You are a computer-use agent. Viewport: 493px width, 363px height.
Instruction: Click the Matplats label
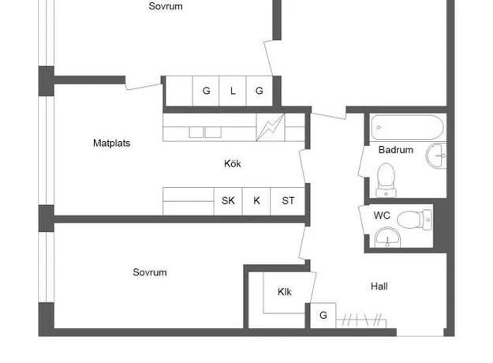112,143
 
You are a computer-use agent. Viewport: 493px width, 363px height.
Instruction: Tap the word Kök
233,163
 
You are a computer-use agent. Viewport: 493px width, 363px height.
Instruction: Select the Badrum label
396,150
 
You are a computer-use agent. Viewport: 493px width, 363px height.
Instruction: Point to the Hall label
379,286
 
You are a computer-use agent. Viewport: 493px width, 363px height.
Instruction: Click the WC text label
382,215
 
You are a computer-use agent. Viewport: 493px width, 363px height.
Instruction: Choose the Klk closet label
285,292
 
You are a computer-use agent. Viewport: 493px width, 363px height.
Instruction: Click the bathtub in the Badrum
408,127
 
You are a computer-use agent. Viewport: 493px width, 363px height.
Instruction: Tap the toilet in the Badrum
386,180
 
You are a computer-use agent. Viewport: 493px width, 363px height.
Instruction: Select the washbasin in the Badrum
436,155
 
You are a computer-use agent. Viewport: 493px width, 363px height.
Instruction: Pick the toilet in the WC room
415,219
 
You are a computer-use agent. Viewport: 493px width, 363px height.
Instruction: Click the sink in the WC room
387,238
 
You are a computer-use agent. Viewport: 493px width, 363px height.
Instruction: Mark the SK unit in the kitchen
228,201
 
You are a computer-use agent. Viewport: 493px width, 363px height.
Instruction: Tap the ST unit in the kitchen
288,201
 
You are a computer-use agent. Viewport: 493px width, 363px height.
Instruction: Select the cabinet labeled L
233,91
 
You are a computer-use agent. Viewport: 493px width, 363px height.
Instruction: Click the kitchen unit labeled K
256,201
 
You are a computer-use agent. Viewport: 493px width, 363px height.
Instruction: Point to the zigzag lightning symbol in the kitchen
271,127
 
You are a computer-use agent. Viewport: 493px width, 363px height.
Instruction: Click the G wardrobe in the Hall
323,316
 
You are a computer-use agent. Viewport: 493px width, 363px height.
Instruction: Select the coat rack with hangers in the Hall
361,320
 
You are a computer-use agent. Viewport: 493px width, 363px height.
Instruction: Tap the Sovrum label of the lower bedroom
150,272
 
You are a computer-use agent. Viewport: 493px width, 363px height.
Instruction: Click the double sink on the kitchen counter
205,132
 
